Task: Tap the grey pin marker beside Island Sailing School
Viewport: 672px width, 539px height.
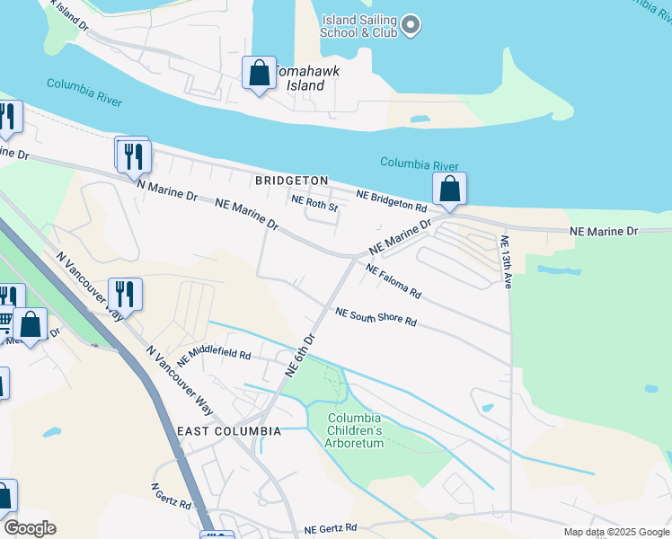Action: pos(411,25)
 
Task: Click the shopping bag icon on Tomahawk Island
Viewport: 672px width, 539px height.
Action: pos(260,73)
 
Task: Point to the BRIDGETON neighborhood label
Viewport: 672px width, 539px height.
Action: pos(291,181)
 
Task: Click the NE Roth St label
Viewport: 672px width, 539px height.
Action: pos(314,205)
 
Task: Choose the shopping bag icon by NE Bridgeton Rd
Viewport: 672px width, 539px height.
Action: pos(449,190)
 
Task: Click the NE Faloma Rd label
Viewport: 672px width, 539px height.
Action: pos(393,281)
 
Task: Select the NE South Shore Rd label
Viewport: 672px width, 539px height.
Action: pos(376,317)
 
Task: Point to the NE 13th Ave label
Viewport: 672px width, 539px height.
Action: pos(505,261)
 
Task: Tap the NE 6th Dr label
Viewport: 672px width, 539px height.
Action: pos(300,356)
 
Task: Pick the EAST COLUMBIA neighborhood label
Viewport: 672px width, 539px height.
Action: pos(229,431)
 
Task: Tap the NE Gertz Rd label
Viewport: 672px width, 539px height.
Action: pos(331,528)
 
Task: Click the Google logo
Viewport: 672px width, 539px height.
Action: pos(30,528)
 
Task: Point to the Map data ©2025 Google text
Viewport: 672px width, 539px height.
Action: pos(616,532)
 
